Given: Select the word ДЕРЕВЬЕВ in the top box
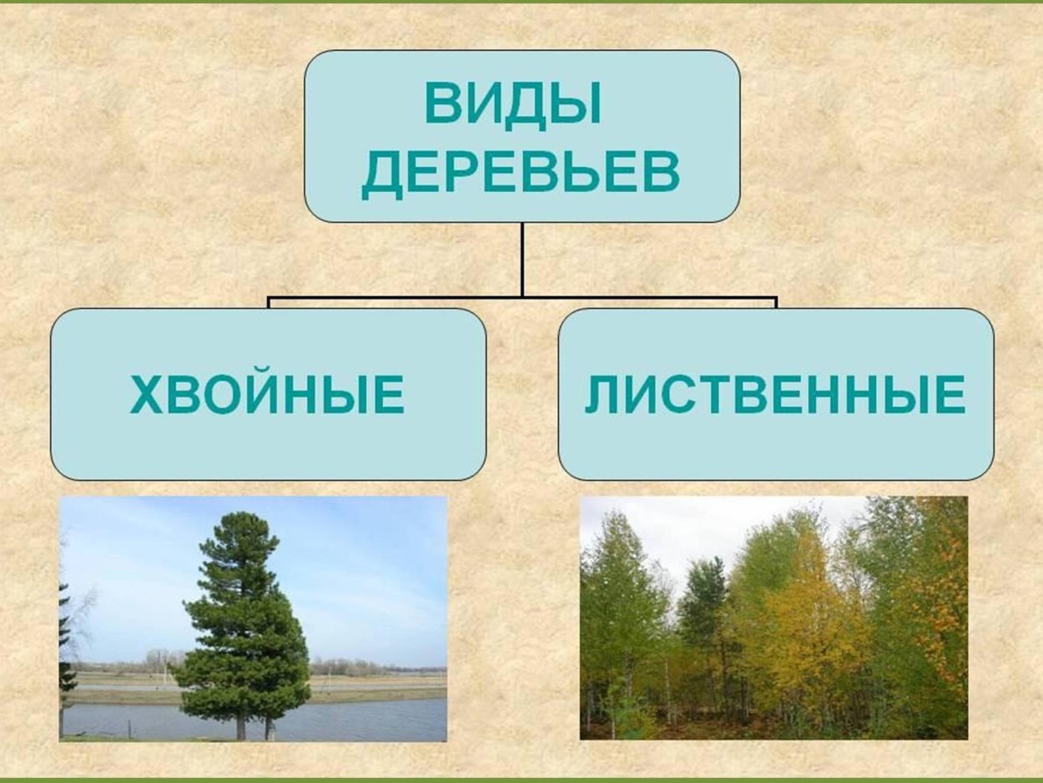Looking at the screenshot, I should (x=521, y=173).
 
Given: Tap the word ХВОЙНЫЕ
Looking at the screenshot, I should (x=268, y=396).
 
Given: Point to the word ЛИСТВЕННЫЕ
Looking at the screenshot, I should (x=775, y=396).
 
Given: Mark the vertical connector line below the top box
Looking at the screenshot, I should (x=522, y=259).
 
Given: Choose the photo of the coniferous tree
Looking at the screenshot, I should (x=254, y=619).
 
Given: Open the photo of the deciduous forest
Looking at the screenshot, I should (x=773, y=618).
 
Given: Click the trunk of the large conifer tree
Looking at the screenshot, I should (x=241, y=725).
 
